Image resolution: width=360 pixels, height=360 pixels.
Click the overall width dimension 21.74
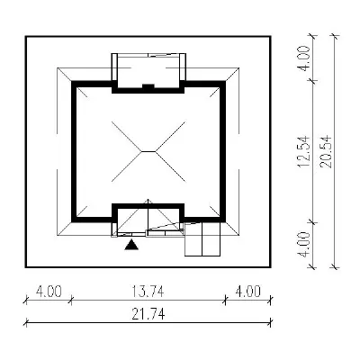pos(148,315)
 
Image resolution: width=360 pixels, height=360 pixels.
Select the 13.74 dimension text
pos(148,291)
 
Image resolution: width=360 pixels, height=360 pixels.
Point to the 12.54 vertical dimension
pos(302,151)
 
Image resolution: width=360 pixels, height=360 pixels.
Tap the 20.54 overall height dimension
pos(326,151)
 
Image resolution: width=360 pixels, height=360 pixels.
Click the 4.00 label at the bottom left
pos(49,291)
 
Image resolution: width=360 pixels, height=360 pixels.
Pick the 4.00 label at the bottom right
pos(247,291)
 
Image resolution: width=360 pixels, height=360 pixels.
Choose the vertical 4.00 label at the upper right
pos(302,58)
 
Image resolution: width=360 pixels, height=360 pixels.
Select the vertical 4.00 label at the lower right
pos(302,245)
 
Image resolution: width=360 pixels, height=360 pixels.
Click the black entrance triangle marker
pos(131,245)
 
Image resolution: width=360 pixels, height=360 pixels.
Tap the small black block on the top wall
pos(148,86)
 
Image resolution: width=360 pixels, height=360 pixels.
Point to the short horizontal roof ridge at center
pos(148,151)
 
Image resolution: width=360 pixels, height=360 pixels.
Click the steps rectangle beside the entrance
pos(202,239)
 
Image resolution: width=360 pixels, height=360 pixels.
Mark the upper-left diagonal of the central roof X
pos(126,136)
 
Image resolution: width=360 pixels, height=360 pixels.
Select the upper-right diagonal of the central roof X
pos(170,136)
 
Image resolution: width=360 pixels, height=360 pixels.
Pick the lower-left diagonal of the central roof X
pos(126,166)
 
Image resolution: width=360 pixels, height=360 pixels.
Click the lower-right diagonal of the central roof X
pos(170,166)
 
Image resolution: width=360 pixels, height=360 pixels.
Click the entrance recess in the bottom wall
pos(148,220)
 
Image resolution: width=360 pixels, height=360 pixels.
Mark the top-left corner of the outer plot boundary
pos(26,37)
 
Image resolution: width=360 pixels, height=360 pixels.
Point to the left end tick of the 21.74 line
pos(26,323)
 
